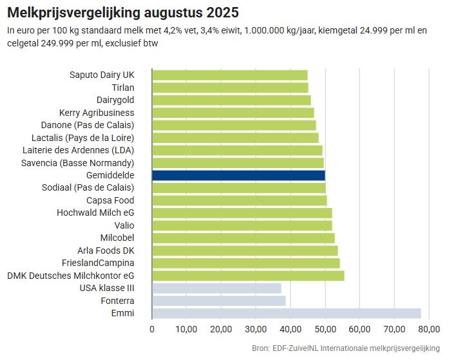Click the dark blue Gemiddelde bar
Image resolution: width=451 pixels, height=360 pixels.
(x=238, y=175)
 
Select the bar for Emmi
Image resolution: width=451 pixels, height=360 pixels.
(x=286, y=313)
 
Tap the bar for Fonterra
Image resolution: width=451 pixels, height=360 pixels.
(x=218, y=301)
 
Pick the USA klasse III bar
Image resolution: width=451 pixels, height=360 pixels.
(x=216, y=288)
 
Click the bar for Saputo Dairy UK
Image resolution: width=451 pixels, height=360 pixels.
(x=229, y=75)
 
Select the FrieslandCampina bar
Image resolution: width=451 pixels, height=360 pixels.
(x=245, y=263)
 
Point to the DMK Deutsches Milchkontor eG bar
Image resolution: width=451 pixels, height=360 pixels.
(x=248, y=276)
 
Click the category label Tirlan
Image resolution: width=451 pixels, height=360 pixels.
(x=119, y=88)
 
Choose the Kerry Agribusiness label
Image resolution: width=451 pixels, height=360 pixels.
(x=97, y=113)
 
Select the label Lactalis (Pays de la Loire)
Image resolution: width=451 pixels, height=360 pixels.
(x=82, y=138)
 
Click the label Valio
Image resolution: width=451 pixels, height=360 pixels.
(x=124, y=225)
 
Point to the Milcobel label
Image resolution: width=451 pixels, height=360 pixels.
(x=117, y=238)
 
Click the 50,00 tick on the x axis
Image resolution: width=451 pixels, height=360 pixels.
(x=325, y=330)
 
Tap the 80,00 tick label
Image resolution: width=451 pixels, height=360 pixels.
(x=428, y=330)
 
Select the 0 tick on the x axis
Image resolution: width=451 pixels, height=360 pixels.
(x=152, y=330)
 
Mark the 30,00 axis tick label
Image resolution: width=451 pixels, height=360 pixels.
(x=256, y=330)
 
